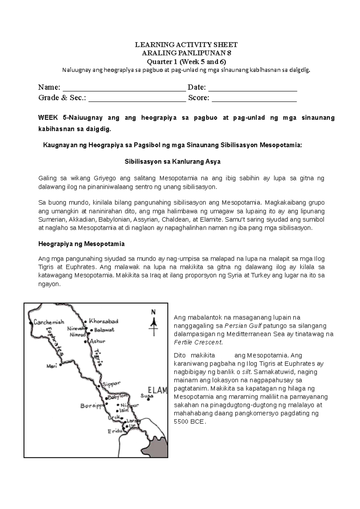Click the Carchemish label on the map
pyautogui.click(x=49, y=322)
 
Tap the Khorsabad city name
pyautogui.click(x=103, y=321)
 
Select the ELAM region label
pyautogui.click(x=158, y=390)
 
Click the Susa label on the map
pyautogui.click(x=147, y=396)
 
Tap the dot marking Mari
pyautogui.click(x=61, y=365)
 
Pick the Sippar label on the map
pyautogui.click(x=111, y=384)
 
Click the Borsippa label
pyautogui.click(x=92, y=406)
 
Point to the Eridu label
pyautogui.click(x=115, y=431)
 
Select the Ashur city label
pyautogui.click(x=97, y=341)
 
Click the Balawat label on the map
pyautogui.click(x=104, y=330)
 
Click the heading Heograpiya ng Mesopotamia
pyautogui.click(x=81, y=244)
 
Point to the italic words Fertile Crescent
pyautogui.click(x=198, y=342)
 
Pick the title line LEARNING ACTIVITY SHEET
pyautogui.click(x=186, y=45)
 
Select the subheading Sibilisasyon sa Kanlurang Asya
pyautogui.click(x=172, y=162)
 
